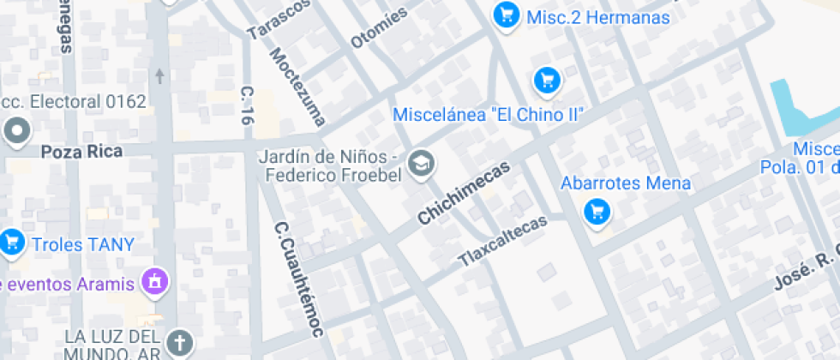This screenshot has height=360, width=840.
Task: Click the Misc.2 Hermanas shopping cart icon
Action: pos(507,15)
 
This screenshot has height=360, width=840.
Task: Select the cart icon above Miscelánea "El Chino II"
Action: pos(547,81)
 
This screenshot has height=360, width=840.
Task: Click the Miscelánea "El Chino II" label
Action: pos(489,114)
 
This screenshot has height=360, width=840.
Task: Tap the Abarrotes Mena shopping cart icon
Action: pos(597,211)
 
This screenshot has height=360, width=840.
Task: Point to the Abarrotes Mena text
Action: pos(626,183)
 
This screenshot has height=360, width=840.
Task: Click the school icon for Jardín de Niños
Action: pos(420,162)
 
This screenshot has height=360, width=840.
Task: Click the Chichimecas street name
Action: pos(463,193)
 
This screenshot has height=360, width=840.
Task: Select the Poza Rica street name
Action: pos(82,152)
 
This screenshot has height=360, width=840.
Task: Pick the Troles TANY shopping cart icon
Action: pos(11,243)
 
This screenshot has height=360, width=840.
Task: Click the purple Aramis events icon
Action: pos(155,280)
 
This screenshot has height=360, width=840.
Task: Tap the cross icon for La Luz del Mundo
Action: pos(180,342)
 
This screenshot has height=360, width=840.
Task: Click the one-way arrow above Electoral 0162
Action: pos(159,76)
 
